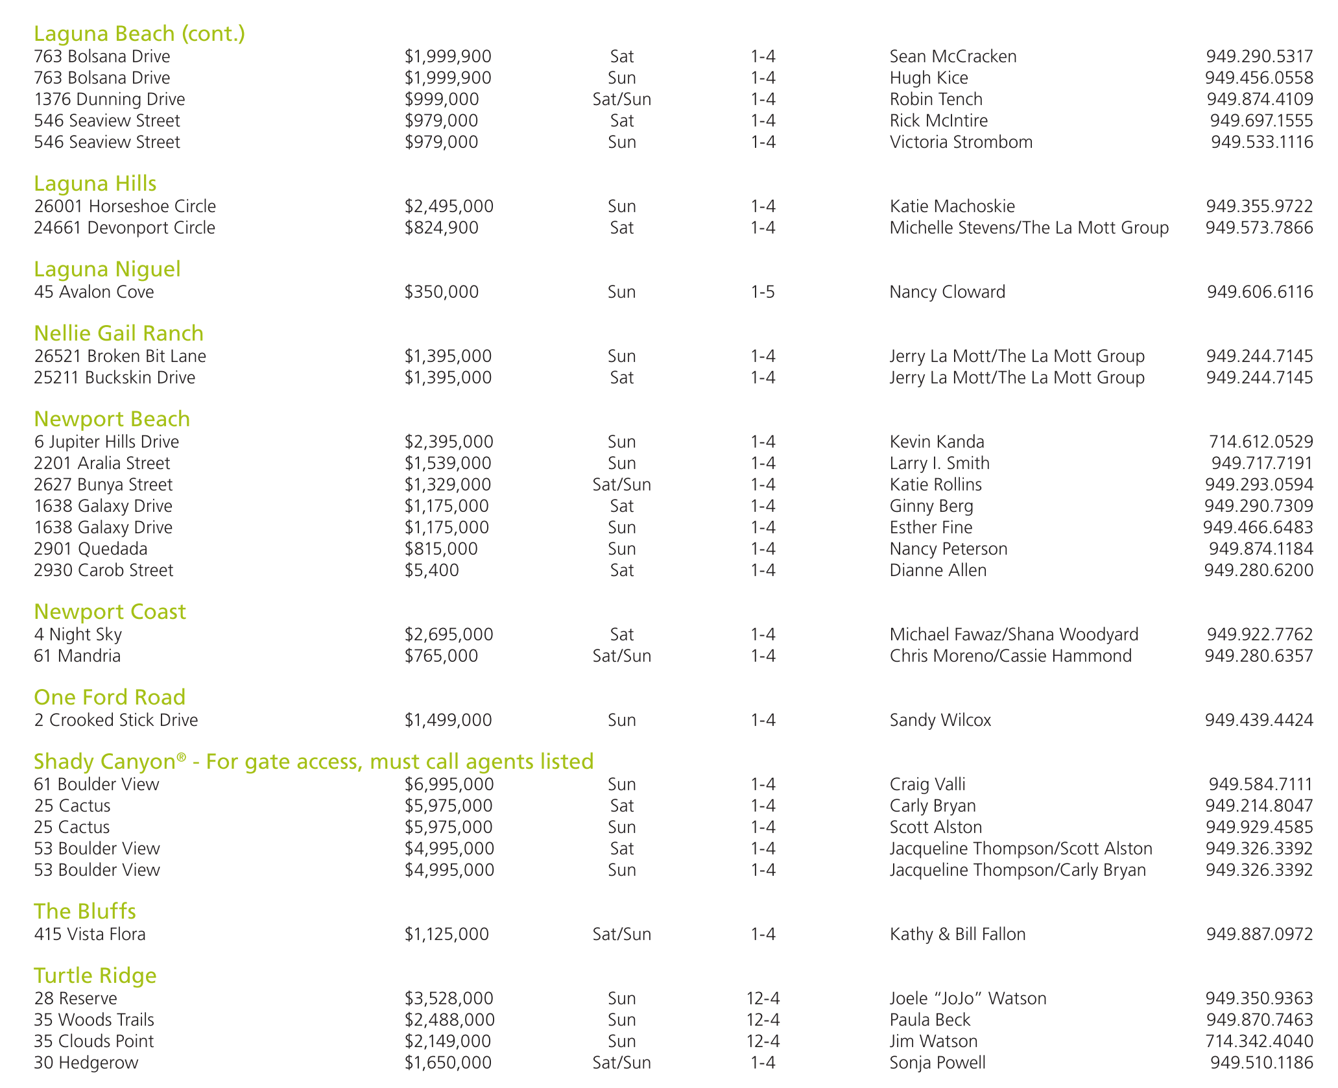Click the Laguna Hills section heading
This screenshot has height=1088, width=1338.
(95, 184)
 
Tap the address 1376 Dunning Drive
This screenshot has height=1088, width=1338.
(110, 99)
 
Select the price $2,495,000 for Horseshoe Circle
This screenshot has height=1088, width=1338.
(449, 206)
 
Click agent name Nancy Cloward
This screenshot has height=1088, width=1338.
(947, 292)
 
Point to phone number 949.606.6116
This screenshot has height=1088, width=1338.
(1260, 292)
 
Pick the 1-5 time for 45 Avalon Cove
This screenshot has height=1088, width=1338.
(763, 292)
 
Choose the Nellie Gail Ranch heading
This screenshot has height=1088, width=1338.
(119, 333)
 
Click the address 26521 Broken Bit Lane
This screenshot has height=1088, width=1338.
(120, 356)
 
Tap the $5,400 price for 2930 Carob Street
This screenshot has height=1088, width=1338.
(432, 570)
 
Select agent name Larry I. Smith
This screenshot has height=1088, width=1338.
(939, 463)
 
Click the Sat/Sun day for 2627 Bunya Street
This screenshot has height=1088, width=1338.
(621, 485)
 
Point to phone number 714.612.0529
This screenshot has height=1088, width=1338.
(1261, 442)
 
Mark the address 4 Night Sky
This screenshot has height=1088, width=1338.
(78, 635)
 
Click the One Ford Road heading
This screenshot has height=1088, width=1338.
(110, 697)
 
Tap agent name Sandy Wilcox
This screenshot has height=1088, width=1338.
(940, 720)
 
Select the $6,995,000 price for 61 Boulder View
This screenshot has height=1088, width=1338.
(449, 784)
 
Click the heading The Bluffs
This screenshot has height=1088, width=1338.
(85, 912)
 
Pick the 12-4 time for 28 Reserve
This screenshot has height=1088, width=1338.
(763, 998)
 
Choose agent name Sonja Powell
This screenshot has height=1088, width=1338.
(937, 1063)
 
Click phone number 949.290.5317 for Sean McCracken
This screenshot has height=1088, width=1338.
(1260, 56)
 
